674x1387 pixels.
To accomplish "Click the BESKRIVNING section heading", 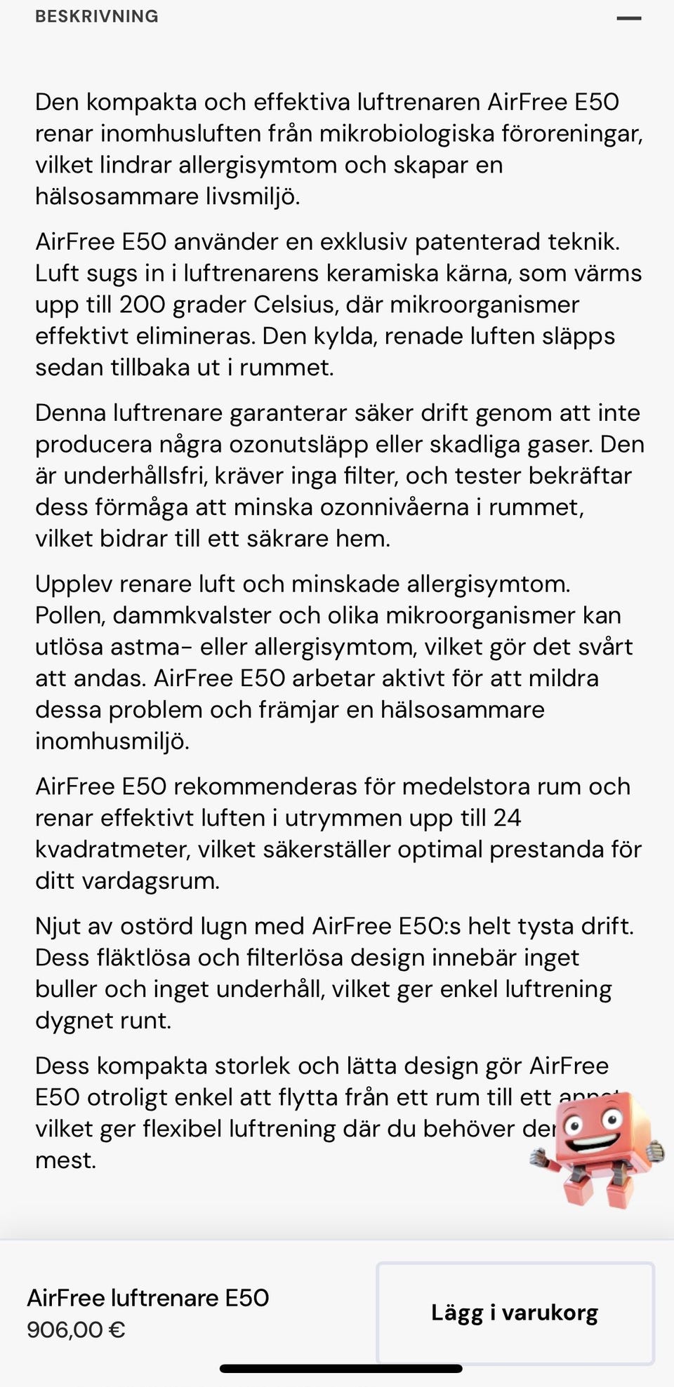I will [97, 16].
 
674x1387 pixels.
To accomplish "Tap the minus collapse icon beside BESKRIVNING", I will [628, 18].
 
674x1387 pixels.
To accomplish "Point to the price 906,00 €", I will [76, 1329].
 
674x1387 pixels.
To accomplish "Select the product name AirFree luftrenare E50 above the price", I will [148, 1297].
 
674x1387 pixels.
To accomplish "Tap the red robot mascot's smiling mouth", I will [590, 1143].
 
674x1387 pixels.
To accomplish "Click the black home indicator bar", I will [341, 1368].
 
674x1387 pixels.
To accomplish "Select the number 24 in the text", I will [507, 817].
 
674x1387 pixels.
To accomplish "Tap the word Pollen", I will [70, 615].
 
